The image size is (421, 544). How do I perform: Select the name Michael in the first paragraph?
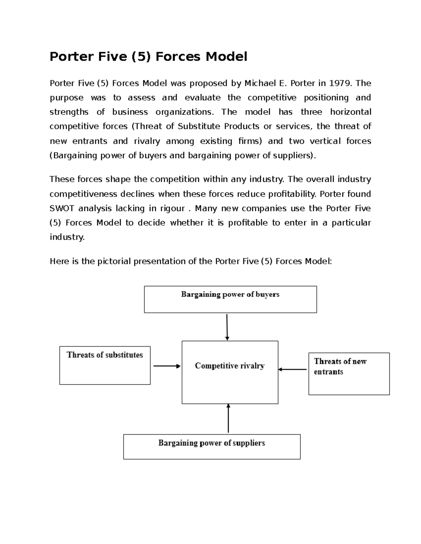coord(260,83)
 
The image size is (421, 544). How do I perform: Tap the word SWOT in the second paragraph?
coord(62,208)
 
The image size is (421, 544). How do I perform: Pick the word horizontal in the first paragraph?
coord(350,112)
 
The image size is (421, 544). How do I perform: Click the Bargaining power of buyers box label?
coord(230,295)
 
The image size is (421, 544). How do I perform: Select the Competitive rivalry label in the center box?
coord(230,366)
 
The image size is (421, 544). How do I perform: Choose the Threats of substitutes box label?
coord(105,355)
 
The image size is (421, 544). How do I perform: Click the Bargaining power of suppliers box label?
coord(212,443)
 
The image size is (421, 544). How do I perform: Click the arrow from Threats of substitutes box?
coord(167,366)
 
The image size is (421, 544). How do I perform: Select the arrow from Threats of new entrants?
coord(293,369)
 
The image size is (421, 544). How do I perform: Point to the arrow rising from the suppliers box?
coord(228,419)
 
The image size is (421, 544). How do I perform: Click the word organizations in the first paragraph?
coord(184,112)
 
